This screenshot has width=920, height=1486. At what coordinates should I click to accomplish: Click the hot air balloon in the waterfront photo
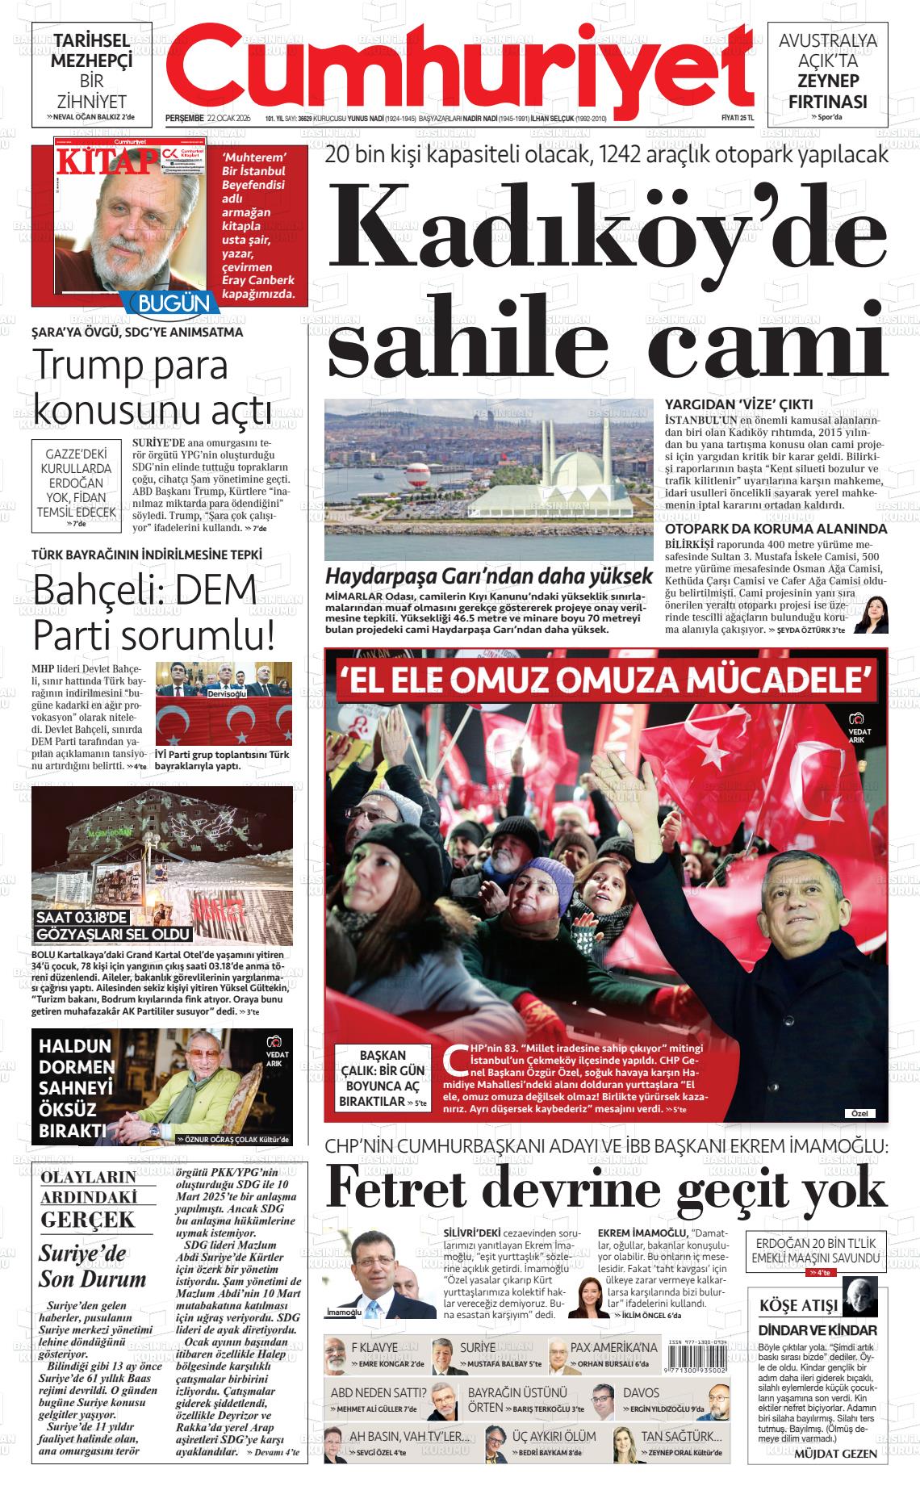tap(416, 475)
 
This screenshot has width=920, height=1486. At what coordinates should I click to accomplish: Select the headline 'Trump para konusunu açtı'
tap(153, 387)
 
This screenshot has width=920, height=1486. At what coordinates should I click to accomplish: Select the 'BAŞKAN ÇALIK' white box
tap(383, 1078)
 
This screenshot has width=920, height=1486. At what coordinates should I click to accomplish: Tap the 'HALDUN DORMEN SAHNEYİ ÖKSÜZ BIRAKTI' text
tap(77, 1086)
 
